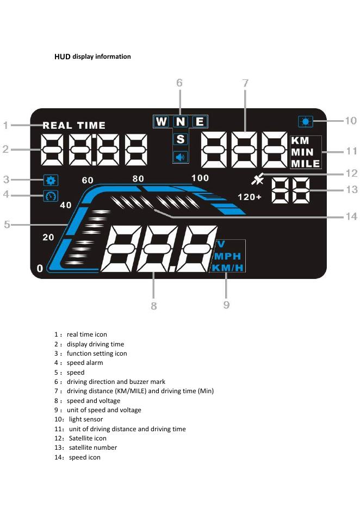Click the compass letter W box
[x=161, y=122]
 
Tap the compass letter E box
[x=200, y=122]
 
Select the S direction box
[x=181, y=139]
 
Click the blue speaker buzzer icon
[x=181, y=157]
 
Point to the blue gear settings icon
[x=52, y=180]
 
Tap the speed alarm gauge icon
[x=52, y=196]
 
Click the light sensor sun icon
[x=305, y=121]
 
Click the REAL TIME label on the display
[x=74, y=126]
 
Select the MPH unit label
[x=227, y=256]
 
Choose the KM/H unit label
[x=227, y=268]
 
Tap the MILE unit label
[x=305, y=164]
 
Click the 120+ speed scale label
[x=250, y=197]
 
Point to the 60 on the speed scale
[x=88, y=180]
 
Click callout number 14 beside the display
[x=351, y=216]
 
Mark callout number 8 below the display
[x=154, y=306]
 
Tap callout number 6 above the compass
[x=179, y=83]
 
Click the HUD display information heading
[x=92, y=57]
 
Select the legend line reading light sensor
[x=85, y=419]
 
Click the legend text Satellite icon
[x=87, y=438]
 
